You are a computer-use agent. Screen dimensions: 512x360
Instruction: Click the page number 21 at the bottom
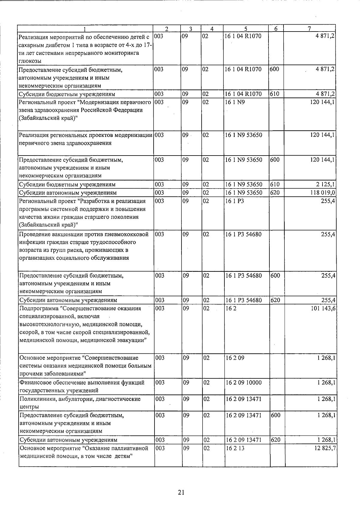coord(181,492)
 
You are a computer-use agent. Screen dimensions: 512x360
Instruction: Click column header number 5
coord(246,29)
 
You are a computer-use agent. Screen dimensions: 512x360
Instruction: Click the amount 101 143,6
coord(323,308)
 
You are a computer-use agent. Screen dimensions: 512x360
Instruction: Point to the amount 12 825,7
coord(324,448)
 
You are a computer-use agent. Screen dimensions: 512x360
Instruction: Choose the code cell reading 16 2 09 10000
coord(243,383)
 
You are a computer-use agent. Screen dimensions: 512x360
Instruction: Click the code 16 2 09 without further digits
coord(235,358)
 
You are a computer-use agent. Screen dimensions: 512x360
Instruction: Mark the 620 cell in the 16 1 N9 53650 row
coord(275,192)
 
